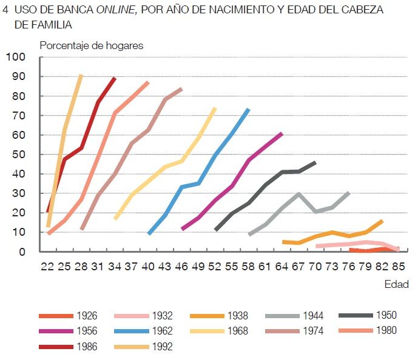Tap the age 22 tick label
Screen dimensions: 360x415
[49, 267]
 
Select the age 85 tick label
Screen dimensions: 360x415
[397, 267]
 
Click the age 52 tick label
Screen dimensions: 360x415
[215, 267]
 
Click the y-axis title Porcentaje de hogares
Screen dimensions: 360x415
[91, 45]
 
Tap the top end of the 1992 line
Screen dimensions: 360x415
[81, 76]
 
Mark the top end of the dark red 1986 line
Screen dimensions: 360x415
[115, 78]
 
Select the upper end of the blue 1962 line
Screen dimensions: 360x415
[248, 110]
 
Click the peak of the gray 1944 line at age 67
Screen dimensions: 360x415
[299, 194]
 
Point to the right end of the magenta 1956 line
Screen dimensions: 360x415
[282, 133]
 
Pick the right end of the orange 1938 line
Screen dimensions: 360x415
[382, 221]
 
